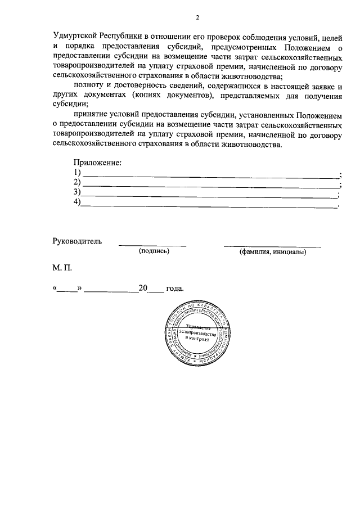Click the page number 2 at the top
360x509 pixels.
pos(197,17)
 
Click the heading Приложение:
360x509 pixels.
pos(98,163)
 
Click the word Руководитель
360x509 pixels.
pos(77,241)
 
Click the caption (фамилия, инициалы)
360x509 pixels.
pos(273,252)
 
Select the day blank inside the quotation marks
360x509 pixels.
pos(68,289)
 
